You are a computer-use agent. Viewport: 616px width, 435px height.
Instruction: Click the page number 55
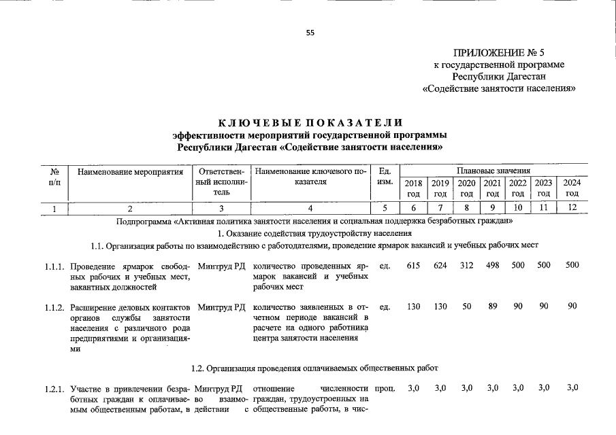[x=310, y=33]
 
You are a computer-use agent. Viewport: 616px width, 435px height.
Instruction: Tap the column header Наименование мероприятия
[x=131, y=172]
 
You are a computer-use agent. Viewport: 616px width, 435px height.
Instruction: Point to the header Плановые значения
[x=493, y=171]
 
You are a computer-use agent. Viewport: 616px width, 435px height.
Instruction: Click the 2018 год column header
[x=413, y=188]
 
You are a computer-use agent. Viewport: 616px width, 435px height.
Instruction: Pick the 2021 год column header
[x=492, y=188]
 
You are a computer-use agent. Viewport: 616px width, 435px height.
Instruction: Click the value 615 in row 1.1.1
[x=413, y=265]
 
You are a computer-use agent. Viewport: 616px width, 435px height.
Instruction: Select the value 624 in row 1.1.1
[x=440, y=265]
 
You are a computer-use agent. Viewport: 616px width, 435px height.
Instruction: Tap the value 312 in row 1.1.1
[x=466, y=265]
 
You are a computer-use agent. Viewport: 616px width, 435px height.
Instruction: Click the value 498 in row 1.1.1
[x=493, y=265]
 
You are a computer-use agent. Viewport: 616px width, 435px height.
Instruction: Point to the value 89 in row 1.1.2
[x=493, y=307]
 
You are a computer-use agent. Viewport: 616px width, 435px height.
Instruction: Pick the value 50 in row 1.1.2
[x=466, y=307]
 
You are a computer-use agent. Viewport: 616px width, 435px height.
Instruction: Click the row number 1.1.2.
[x=54, y=307]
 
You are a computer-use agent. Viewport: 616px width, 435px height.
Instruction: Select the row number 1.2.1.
[x=54, y=389]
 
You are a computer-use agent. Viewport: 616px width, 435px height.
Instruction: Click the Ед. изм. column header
[x=385, y=177]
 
